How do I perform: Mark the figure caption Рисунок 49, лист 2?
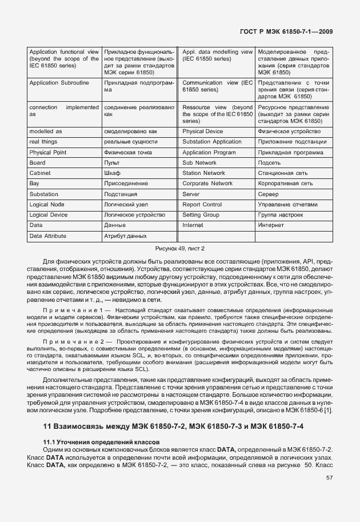click(179, 249)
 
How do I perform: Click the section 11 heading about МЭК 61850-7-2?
click(173, 427)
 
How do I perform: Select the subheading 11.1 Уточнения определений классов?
click(102, 443)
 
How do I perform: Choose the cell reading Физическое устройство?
click(292, 132)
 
